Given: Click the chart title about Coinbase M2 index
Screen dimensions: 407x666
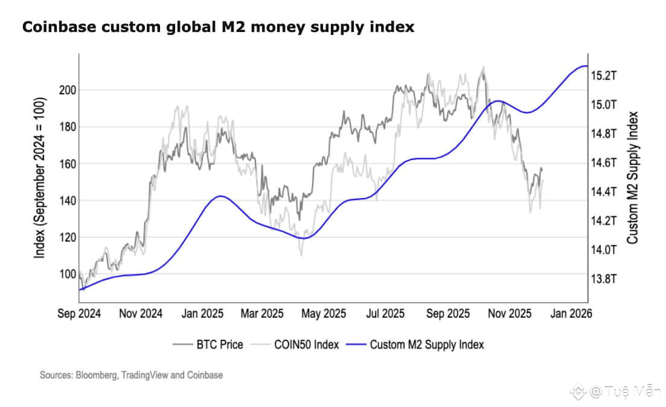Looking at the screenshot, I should point(218,27).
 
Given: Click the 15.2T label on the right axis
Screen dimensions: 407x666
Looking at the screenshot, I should point(604,75).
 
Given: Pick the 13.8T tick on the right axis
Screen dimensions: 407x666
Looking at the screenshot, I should point(604,279).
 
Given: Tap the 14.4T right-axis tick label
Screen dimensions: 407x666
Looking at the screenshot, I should point(604,192).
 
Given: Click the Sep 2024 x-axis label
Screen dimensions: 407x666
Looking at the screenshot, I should point(79,314).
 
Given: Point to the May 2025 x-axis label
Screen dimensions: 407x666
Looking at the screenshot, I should point(323,314).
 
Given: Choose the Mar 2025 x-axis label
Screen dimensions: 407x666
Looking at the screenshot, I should point(261,314).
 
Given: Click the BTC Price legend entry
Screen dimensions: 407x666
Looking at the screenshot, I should point(208,345).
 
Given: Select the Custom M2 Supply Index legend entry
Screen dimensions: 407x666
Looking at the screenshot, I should point(417,345).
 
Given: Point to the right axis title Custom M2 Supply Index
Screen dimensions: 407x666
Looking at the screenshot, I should point(633,178).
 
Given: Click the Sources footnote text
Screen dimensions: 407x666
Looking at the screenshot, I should point(131,375).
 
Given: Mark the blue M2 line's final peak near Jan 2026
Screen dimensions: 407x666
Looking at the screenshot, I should point(583,66).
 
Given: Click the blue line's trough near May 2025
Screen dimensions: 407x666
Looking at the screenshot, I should point(303,239).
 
